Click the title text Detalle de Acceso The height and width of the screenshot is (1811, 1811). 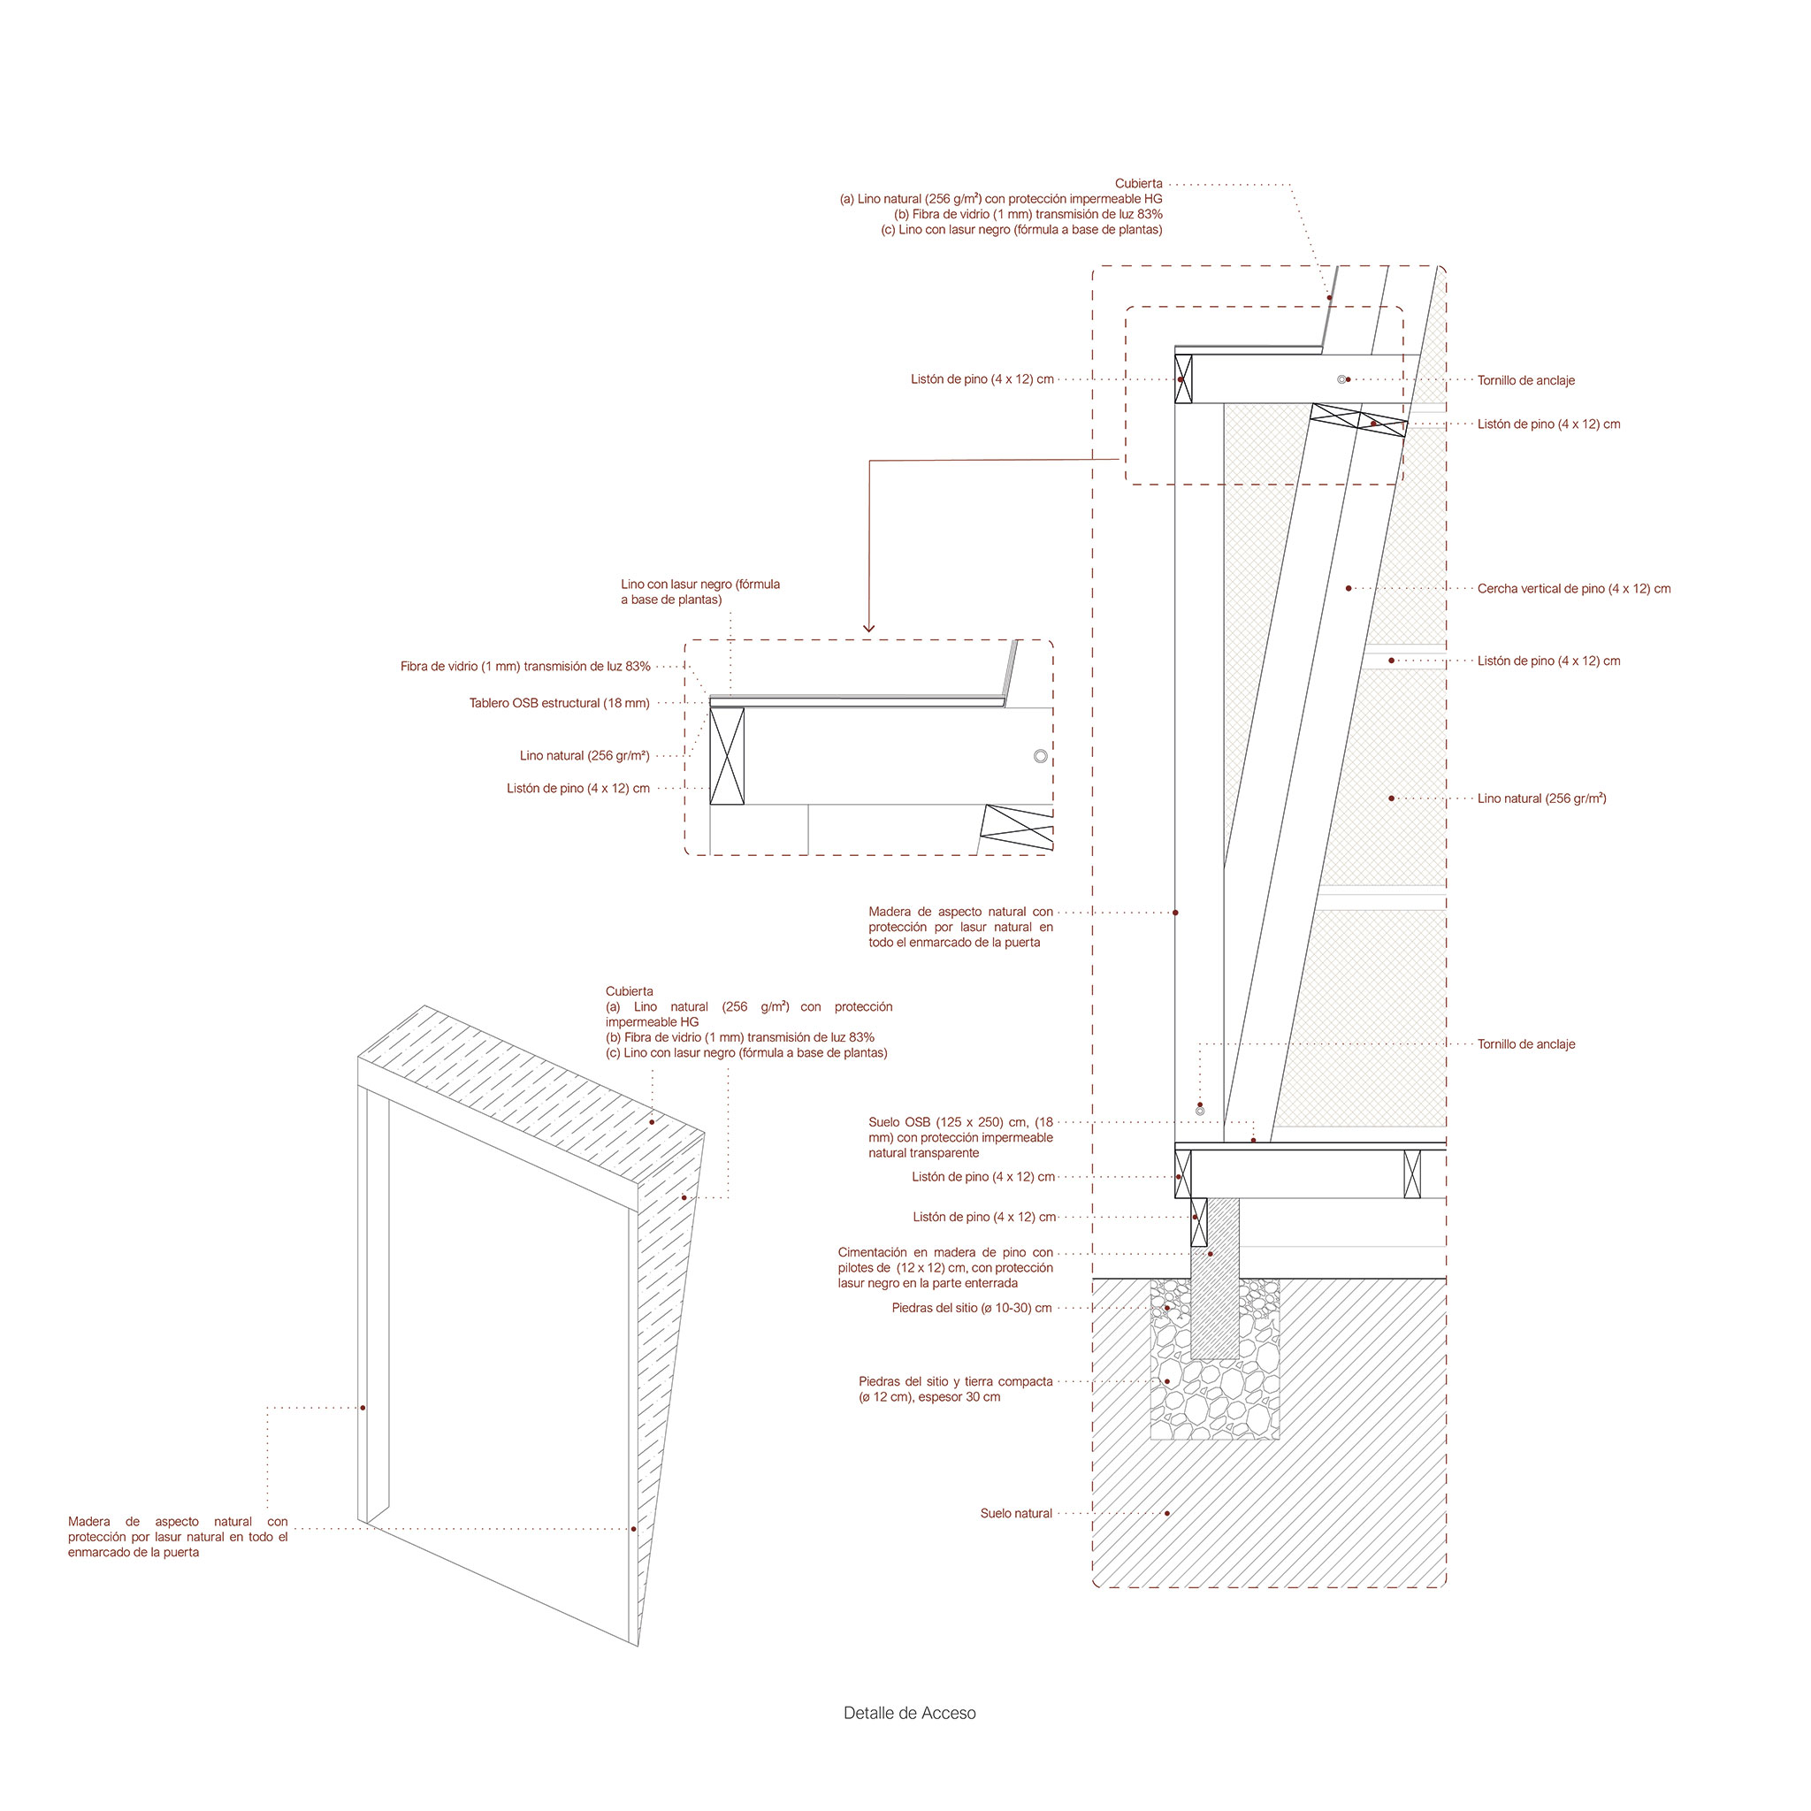point(909,1713)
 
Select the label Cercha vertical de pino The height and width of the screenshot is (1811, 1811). point(1574,589)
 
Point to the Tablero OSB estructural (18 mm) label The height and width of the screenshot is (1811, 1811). point(560,703)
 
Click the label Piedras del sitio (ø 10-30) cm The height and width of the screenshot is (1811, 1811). point(972,1308)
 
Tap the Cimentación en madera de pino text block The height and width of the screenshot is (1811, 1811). point(946,1267)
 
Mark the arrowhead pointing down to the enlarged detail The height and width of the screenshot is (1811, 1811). point(869,627)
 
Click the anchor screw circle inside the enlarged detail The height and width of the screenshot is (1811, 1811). point(1041,755)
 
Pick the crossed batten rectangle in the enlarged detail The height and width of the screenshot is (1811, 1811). point(727,755)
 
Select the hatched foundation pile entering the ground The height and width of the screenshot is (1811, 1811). point(1215,1279)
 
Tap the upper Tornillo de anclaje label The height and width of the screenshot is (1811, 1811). point(1526,380)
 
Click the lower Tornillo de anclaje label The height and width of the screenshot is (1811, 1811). point(1526,1044)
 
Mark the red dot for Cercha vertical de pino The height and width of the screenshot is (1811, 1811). point(1349,589)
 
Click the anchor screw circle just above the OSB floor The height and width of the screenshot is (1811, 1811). point(1200,1111)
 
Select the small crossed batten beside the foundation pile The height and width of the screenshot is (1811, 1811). point(1199,1222)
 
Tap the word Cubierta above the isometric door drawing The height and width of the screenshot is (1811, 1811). point(630,990)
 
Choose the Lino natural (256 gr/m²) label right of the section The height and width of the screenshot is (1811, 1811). point(1542,799)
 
